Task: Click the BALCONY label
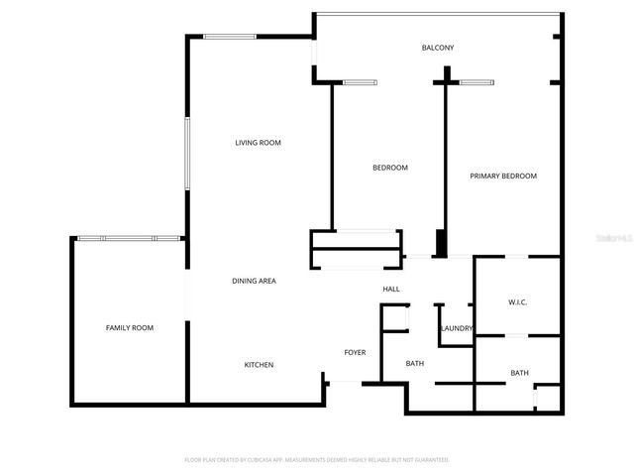(x=437, y=48)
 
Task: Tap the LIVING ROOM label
(x=258, y=143)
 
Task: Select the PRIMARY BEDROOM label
(x=503, y=176)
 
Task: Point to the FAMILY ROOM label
(x=130, y=327)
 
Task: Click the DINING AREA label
(x=254, y=281)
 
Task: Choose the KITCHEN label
(x=259, y=365)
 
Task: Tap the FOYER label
(x=355, y=352)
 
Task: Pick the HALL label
(x=391, y=289)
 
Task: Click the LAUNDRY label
(x=456, y=328)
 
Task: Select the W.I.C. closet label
(x=518, y=301)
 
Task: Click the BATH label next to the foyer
(x=415, y=363)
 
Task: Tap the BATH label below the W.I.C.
(x=519, y=373)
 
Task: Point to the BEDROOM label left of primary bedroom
(x=389, y=168)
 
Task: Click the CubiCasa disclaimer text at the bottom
(x=317, y=460)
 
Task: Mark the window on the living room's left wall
(x=186, y=154)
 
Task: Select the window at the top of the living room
(x=230, y=37)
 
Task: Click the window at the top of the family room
(x=129, y=238)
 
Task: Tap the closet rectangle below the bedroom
(x=357, y=250)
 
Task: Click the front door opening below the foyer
(x=347, y=383)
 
